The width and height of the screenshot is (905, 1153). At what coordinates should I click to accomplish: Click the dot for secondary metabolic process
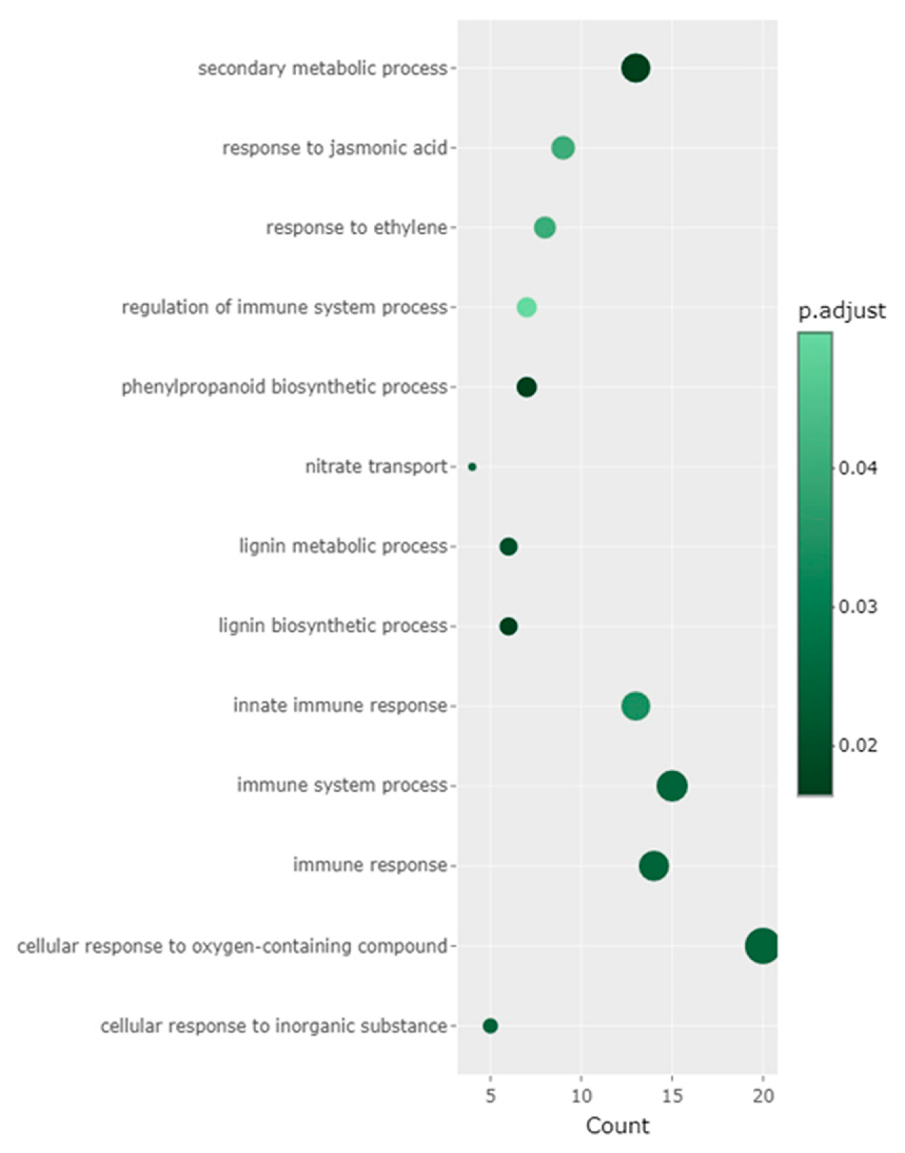pos(635,69)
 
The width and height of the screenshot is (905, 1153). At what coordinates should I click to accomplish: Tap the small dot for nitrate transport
pos(472,467)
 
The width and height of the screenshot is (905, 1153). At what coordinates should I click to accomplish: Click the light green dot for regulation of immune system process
pos(526,307)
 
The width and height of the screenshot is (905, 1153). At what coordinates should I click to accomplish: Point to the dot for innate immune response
pos(635,706)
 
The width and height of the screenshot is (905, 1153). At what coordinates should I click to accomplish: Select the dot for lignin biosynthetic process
pos(508,627)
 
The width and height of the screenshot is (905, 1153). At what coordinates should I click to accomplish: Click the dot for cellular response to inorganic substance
pos(490,1026)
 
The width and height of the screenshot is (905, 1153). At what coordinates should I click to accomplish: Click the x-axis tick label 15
pos(672,1096)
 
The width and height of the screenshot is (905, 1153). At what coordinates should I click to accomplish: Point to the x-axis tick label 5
pos(490,1096)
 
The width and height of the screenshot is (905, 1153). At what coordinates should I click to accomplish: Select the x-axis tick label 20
pos(763,1096)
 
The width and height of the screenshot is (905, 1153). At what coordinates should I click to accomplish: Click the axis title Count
pos(617,1126)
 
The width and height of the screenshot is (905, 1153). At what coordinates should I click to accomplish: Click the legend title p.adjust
pos(841,311)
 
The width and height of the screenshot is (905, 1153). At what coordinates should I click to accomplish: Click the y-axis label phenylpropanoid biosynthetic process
pos(284,387)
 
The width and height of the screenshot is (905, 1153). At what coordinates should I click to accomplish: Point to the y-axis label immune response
pos(370,866)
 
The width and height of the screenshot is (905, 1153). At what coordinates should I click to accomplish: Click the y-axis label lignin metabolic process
pos(343,546)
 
